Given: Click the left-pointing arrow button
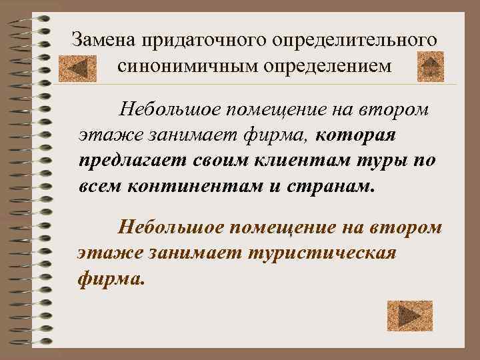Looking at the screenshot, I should pyautogui.click(x=73, y=67).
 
